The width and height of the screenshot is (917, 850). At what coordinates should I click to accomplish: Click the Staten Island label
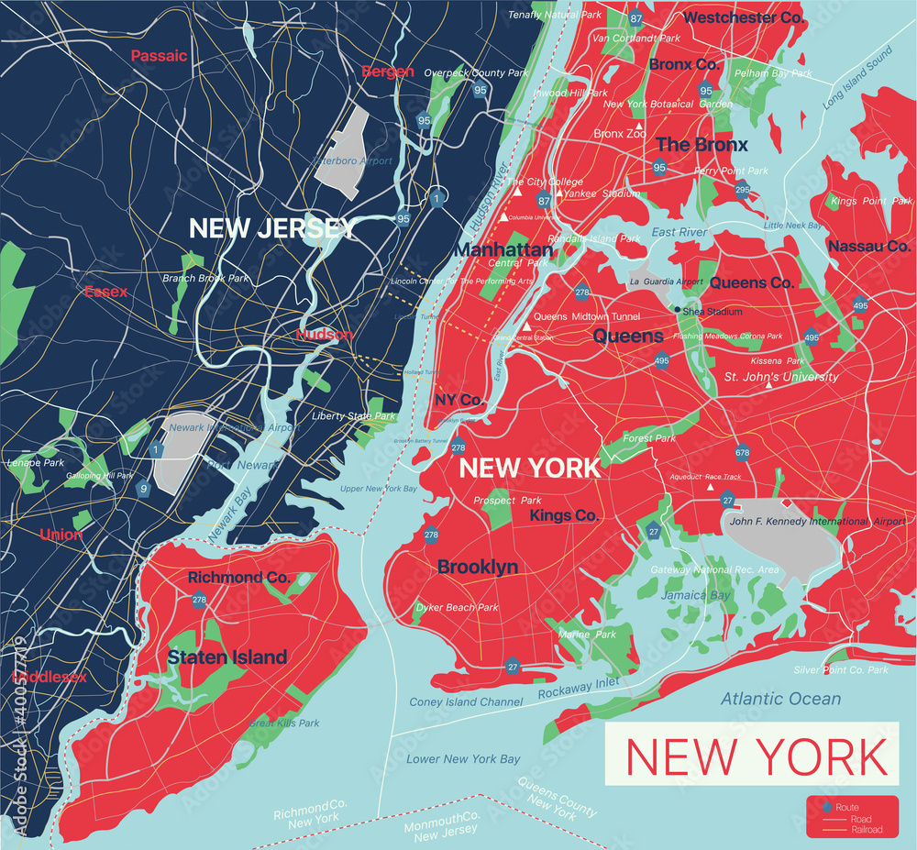(x=226, y=657)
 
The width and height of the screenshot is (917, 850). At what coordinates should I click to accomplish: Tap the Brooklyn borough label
(x=478, y=568)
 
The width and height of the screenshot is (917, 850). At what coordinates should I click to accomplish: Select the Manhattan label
(x=504, y=249)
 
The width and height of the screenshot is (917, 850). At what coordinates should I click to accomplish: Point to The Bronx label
(x=702, y=144)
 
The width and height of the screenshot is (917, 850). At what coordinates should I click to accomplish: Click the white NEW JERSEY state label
(x=271, y=227)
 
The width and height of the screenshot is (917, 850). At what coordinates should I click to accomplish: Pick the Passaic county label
(x=159, y=56)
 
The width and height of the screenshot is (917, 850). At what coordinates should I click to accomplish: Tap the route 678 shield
(x=742, y=452)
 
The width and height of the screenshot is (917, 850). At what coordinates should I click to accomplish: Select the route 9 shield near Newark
(x=143, y=489)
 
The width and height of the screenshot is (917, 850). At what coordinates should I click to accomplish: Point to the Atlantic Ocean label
(x=780, y=699)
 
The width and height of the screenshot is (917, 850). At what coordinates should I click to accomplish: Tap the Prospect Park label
(x=507, y=501)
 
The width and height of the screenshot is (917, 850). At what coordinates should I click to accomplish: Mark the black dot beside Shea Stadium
(x=678, y=310)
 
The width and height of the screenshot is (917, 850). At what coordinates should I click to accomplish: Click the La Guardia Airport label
(x=665, y=281)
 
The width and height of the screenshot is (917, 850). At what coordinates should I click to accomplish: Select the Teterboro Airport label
(x=352, y=161)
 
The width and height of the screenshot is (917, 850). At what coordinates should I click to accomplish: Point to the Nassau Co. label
(x=868, y=246)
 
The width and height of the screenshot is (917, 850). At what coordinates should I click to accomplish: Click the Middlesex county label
(x=50, y=678)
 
